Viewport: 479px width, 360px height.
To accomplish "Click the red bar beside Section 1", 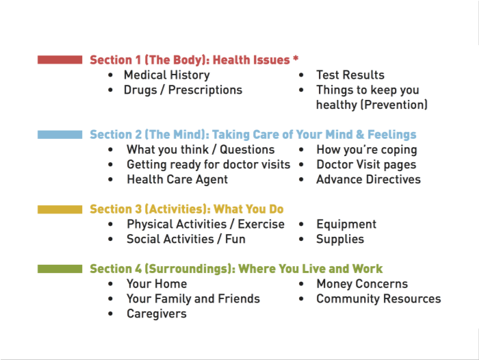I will point(60,60).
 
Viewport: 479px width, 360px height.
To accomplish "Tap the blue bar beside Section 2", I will point(60,135).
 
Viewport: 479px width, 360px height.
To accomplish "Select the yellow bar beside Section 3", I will point(60,209).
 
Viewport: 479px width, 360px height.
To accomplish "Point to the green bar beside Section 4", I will point(60,269).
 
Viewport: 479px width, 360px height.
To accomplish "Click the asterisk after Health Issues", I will point(296,58).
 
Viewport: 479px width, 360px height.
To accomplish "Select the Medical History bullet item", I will point(166,75).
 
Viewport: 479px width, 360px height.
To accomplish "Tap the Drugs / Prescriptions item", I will point(183,90).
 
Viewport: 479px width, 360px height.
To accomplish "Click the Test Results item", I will point(350,75).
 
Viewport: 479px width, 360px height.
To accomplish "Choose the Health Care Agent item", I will point(177,179).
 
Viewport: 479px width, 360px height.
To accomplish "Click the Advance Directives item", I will point(368,179).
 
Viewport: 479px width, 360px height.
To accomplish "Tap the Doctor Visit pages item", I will point(365,164).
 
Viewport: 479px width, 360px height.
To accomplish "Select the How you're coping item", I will point(366,149).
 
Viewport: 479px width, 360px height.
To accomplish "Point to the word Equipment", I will point(346,224).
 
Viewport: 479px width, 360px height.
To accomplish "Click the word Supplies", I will point(339,240).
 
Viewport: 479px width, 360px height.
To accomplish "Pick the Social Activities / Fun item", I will point(185,240).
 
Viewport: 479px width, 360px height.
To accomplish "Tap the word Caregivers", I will point(156,314).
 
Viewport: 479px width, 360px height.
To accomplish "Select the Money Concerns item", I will point(361,284).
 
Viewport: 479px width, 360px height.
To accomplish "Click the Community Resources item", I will point(378,299).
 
